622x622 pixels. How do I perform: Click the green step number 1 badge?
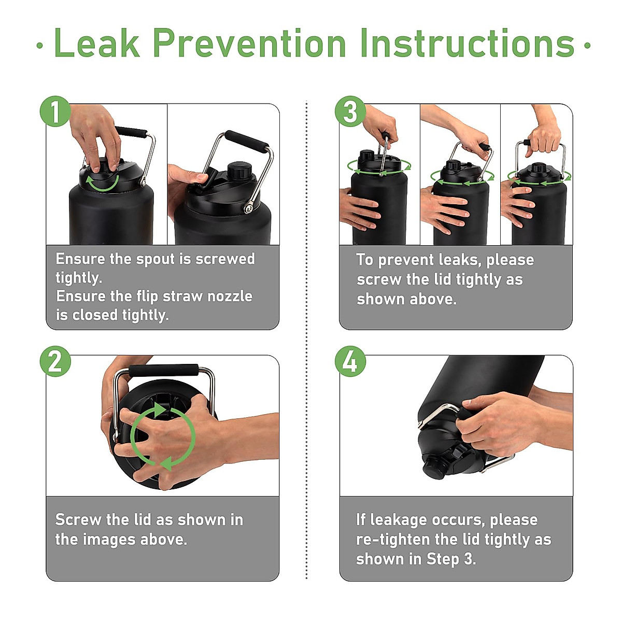pos(55,111)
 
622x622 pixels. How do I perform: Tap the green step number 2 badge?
pos(55,361)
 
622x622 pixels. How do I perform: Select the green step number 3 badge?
pos(350,111)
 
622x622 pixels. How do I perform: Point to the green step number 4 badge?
pos(350,361)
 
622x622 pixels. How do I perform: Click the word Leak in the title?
pos(97,43)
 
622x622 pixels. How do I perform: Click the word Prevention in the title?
pos(249,43)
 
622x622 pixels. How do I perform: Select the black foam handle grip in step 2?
pos(163,370)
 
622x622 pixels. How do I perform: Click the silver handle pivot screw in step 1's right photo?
pos(248,208)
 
